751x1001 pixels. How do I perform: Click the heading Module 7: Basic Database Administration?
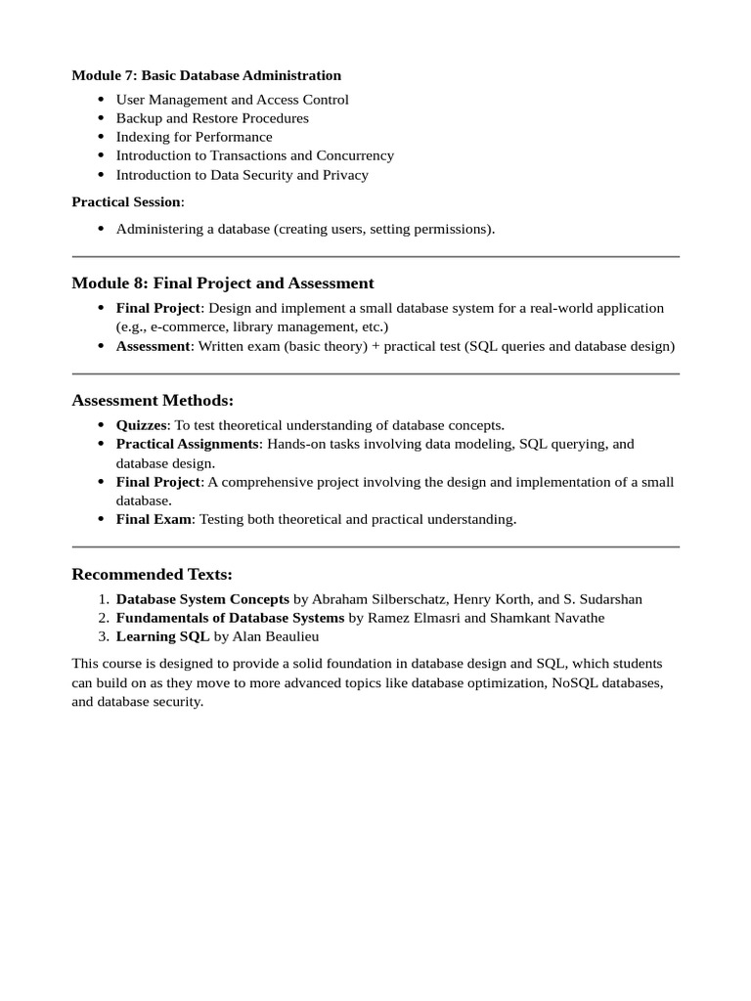click(206, 75)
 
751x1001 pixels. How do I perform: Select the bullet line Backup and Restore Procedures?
click(212, 118)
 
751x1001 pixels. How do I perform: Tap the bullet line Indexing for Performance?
click(194, 137)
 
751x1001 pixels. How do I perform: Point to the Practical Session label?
click(127, 201)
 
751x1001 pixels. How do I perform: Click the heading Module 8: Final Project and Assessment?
click(223, 283)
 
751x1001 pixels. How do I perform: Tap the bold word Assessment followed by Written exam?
click(153, 346)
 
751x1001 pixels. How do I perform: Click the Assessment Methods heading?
click(153, 401)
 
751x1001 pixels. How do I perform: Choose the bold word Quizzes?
click(142, 425)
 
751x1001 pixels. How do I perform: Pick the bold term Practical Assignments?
click(187, 444)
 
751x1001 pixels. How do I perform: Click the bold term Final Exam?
click(154, 519)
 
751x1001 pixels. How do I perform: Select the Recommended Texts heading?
click(152, 574)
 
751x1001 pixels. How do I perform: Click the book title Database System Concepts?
click(202, 598)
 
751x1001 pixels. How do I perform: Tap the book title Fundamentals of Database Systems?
click(230, 618)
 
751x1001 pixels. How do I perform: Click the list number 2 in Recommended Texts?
click(103, 618)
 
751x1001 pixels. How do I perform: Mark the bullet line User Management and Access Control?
click(232, 100)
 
